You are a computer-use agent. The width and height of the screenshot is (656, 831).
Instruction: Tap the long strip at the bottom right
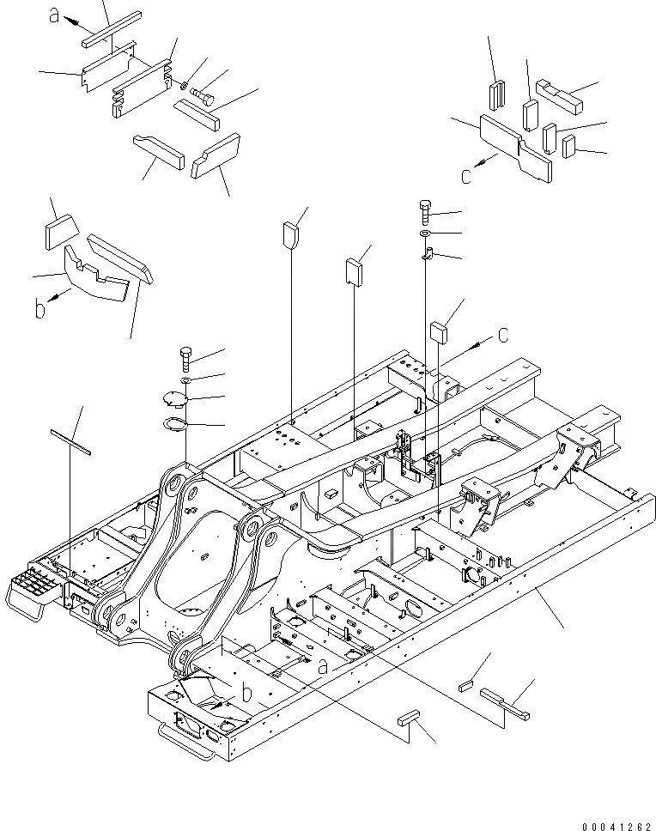pos(505,701)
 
